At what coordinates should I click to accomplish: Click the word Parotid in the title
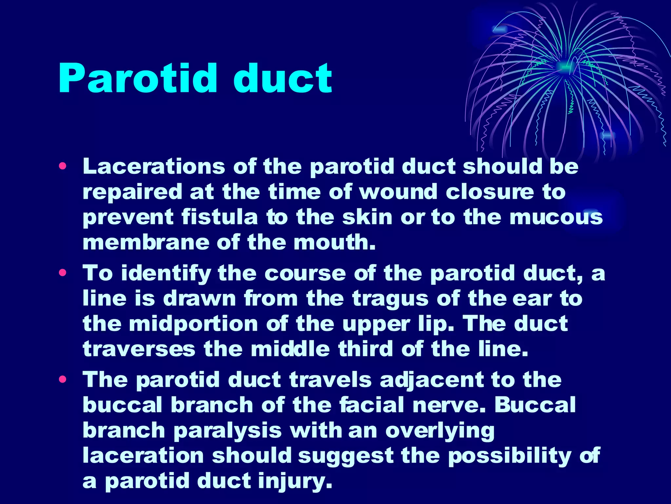click(137, 78)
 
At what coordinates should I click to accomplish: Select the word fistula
click(220, 217)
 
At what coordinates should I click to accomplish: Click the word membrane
click(145, 242)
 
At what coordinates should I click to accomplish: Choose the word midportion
click(193, 324)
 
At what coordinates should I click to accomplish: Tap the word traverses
click(139, 349)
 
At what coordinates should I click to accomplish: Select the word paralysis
click(227, 430)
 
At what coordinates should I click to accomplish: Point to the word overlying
click(440, 430)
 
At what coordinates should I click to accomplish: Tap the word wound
click(398, 192)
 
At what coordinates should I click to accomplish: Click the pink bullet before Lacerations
click(62, 166)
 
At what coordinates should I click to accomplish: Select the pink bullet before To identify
click(62, 273)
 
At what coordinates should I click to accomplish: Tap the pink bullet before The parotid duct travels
click(62, 379)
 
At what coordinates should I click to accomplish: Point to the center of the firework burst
click(564, 67)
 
